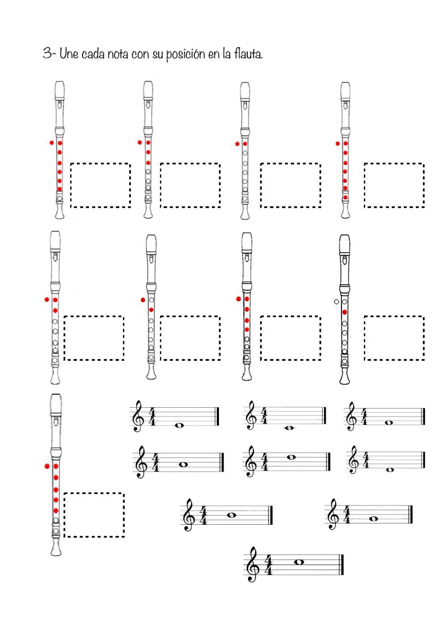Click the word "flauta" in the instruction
point(248,54)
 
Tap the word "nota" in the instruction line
point(117,54)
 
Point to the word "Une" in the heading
point(69,54)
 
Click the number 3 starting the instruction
point(47,54)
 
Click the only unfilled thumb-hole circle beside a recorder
point(336,302)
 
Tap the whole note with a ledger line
point(289,428)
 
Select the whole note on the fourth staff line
point(292,457)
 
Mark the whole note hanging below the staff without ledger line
point(390,470)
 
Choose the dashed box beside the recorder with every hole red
point(394,185)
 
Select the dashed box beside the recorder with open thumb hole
point(394,338)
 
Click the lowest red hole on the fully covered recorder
point(345,197)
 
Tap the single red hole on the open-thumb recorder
point(345,312)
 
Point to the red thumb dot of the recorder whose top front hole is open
point(143,300)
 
